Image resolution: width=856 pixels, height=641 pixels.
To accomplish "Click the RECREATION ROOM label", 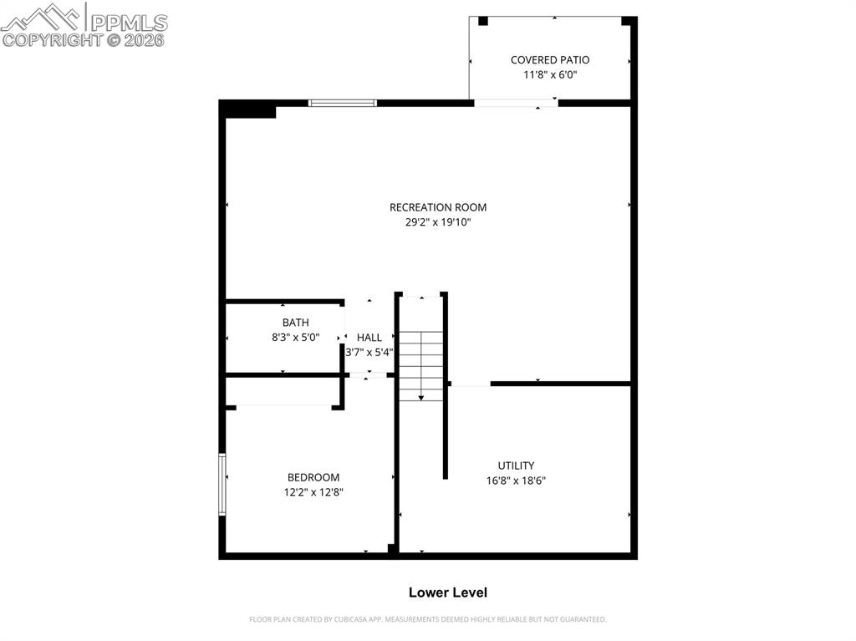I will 437,207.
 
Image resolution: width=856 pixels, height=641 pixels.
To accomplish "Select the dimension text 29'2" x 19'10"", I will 437,222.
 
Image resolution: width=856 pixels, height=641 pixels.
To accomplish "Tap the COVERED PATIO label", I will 550,60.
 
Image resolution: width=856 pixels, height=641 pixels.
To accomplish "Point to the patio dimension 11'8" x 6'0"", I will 550,74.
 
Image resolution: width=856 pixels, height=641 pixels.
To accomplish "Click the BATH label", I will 295,323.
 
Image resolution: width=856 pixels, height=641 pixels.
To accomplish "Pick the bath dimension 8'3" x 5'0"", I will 295,338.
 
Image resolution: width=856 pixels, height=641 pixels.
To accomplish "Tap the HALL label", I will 369,338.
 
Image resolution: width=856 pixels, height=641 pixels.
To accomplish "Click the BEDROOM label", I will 313,477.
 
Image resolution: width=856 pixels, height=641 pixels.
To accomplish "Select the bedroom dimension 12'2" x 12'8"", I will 313,492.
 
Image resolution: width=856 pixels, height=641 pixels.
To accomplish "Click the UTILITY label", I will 516,465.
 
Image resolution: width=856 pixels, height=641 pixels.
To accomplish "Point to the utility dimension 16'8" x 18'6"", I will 516,481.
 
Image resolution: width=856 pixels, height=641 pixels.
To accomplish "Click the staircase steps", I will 420,365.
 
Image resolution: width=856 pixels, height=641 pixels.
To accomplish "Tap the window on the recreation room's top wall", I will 343,103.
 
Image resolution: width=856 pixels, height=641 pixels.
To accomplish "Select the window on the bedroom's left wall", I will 222,484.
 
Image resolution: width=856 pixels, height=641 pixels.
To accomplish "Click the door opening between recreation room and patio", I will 516,103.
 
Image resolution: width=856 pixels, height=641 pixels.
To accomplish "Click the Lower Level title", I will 447,593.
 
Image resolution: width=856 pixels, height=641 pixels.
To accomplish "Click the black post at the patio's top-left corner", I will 483,21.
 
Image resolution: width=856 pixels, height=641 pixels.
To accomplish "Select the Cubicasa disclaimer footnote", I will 427,619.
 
